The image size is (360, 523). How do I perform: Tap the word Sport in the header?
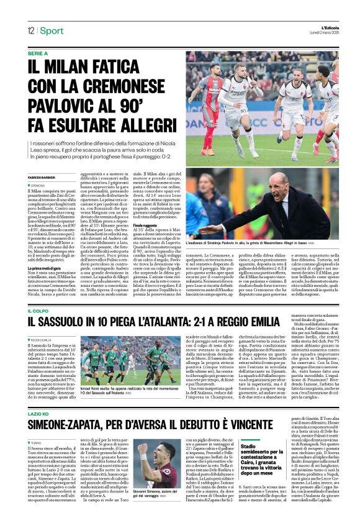[53, 31]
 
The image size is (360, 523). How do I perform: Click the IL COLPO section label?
[38, 310]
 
